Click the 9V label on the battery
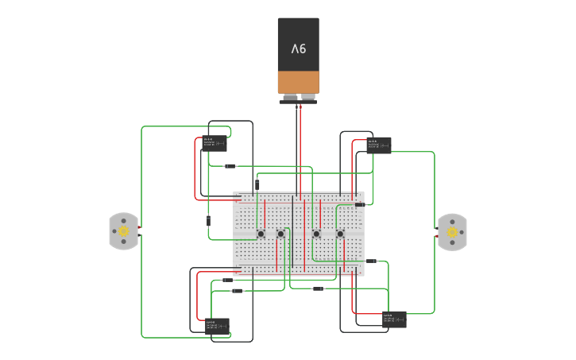[298, 49]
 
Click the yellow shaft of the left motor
[123, 231]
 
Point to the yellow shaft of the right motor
[452, 232]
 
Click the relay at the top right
[379, 145]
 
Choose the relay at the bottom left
[217, 326]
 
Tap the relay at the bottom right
[394, 319]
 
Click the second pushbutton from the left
[280, 234]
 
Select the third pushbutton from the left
[316, 234]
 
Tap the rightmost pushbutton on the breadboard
[340, 234]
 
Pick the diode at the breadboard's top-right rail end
[360, 204]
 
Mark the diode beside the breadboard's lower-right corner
[371, 261]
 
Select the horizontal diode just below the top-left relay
[230, 166]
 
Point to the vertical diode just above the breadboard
[257, 184]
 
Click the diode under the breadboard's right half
[317, 288]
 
